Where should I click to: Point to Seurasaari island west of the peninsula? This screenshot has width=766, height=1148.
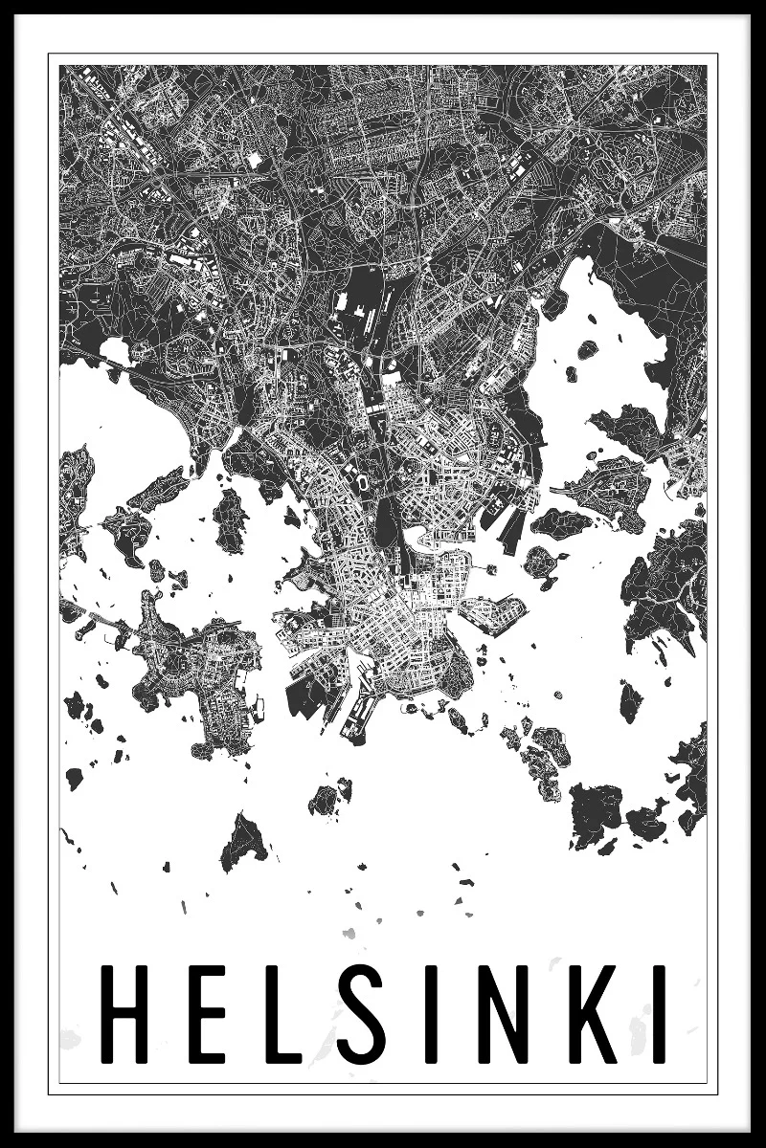[231, 518]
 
